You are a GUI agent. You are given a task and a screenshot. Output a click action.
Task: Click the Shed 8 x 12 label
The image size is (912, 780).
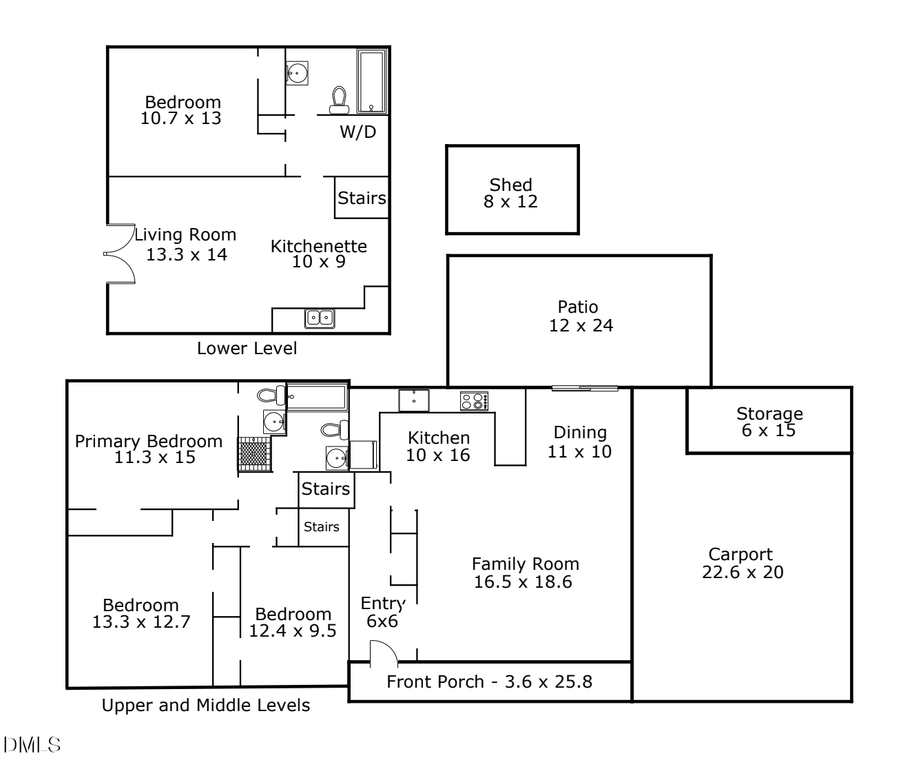click(510, 194)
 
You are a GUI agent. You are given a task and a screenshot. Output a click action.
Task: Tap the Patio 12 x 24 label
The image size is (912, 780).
click(580, 316)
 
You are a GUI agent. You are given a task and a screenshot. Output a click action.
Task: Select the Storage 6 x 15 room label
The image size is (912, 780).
click(769, 422)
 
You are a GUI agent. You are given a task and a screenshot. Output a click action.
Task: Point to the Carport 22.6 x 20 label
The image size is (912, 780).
click(742, 564)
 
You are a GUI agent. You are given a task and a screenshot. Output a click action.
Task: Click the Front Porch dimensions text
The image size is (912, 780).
click(489, 682)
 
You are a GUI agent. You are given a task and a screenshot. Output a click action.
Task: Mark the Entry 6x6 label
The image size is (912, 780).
click(382, 613)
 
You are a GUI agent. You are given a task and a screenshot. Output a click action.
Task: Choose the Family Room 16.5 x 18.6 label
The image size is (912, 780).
click(524, 573)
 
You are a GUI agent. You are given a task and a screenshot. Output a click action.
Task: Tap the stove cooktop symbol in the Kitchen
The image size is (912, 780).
click(474, 401)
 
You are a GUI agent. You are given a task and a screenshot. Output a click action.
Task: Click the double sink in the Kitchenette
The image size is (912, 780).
click(320, 318)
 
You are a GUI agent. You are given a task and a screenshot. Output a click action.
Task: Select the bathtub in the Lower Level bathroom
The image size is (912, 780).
click(371, 81)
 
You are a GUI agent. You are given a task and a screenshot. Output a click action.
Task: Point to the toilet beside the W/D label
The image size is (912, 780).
click(339, 100)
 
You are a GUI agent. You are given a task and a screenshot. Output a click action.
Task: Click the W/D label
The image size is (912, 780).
click(357, 132)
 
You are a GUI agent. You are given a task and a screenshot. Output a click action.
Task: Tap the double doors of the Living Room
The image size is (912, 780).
click(121, 254)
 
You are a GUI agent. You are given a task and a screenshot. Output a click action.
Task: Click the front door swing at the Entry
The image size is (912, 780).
click(384, 654)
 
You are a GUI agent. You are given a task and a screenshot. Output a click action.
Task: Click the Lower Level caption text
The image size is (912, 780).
click(247, 349)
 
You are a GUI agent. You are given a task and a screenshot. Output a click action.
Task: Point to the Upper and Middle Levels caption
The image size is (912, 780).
click(205, 706)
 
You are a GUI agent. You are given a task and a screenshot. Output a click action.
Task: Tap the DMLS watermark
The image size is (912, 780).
click(32, 745)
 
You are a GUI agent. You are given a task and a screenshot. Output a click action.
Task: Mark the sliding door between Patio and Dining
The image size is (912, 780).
click(584, 389)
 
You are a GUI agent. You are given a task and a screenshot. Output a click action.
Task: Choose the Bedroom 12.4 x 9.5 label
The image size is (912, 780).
click(293, 622)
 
